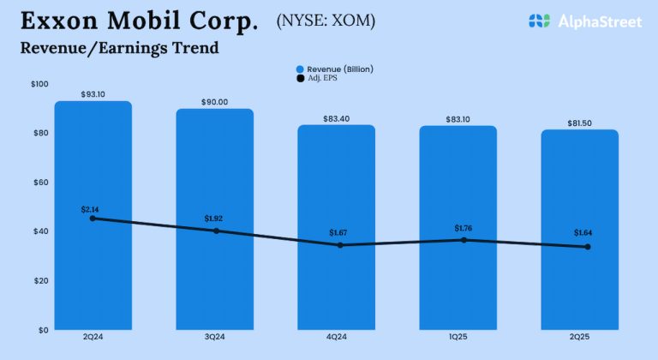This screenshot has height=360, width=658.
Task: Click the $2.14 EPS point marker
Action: coord(93,219)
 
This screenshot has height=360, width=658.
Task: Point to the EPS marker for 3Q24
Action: coord(214,231)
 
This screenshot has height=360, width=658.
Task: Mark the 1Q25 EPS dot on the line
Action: coord(458,240)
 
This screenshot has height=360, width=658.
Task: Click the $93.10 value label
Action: coord(93,93)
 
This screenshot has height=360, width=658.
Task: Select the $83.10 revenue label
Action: coord(458,118)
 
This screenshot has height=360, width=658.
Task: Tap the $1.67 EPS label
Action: coord(336,232)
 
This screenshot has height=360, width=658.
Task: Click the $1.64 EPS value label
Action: coord(579,233)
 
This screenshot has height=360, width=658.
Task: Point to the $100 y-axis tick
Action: coord(39,84)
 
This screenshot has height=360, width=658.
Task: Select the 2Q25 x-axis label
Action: coord(579,339)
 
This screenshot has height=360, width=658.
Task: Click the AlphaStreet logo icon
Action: coord(538,21)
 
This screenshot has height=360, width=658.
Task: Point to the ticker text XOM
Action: coord(352,20)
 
